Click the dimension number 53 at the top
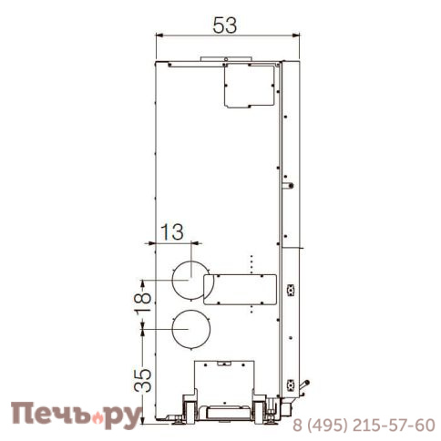coord(224,25)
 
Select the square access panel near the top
coord(249,87)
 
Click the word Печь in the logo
coord(46,415)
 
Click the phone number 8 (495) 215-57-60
coord(363,426)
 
